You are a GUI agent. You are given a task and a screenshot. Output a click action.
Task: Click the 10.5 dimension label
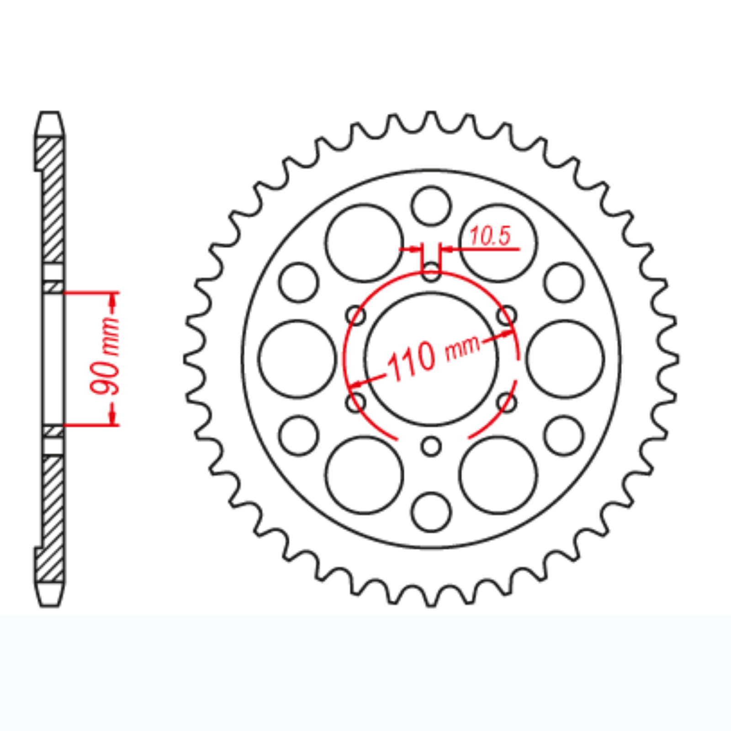(490, 236)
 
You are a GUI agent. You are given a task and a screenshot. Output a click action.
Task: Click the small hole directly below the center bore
(431, 446)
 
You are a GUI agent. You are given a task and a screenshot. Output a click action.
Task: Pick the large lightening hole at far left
(297, 359)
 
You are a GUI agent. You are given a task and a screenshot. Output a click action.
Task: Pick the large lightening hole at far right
(565, 359)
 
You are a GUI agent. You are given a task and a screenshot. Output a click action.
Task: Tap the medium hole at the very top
(431, 206)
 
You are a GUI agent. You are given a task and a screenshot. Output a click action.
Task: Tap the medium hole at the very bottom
(431, 512)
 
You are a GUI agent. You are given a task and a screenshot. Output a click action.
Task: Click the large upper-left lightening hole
(365, 243)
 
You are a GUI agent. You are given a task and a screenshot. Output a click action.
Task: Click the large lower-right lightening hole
(498, 475)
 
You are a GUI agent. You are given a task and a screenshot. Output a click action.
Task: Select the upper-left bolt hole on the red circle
(356, 315)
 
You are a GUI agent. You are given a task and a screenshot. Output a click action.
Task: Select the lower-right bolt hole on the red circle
(507, 403)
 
